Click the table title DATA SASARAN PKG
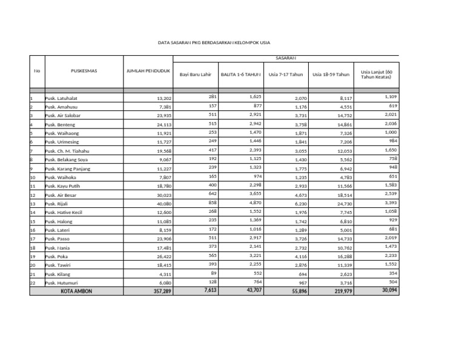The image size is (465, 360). coord(214,43)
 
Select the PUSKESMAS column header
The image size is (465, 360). coord(84,71)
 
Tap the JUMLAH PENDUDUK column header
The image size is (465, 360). coord(148,71)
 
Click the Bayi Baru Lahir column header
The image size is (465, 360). coord(195,75)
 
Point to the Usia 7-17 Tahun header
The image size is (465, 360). coord(286,75)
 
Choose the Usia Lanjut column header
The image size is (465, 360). coord(377,74)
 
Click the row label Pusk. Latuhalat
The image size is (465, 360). coord(62,98)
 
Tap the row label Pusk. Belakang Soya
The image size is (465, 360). coord(67,159)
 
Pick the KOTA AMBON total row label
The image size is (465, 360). coord(76,291)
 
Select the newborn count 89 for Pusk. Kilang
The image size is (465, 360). coord(213,273)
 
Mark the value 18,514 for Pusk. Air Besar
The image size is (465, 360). coord(342,196)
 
